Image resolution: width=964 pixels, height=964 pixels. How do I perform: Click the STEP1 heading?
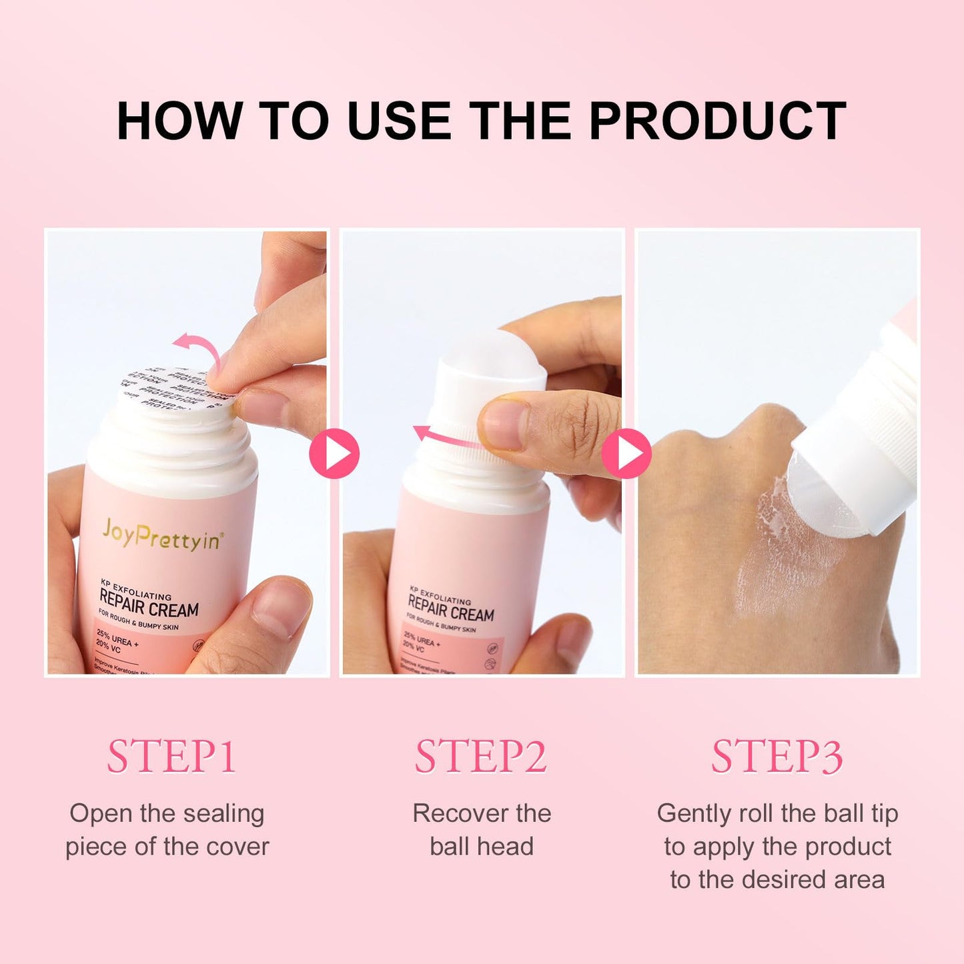171,757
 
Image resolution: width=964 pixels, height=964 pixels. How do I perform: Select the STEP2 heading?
480,757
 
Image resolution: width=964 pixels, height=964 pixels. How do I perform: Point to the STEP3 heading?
777,757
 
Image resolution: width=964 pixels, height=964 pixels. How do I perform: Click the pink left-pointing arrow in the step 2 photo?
443,437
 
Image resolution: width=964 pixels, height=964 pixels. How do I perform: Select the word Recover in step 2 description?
451,814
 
